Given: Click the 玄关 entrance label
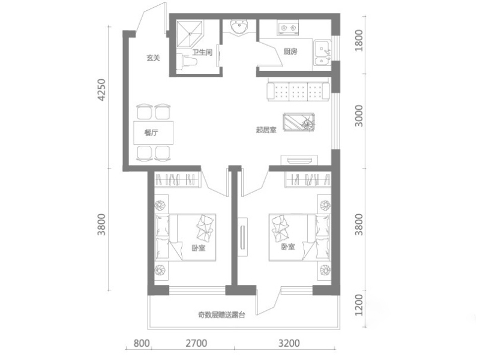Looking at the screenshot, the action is click(x=153, y=58).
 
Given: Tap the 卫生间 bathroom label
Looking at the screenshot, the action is click(x=202, y=52).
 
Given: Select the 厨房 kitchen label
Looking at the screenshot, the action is click(x=290, y=52).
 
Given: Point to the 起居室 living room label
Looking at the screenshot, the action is click(x=266, y=130).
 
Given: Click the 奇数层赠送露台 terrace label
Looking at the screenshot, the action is click(x=221, y=314).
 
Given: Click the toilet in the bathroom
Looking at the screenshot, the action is click(x=187, y=62).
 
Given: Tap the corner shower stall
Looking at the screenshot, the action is click(x=190, y=34).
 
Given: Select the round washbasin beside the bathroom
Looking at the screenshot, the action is click(x=239, y=28).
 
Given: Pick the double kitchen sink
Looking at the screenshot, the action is click(x=323, y=54).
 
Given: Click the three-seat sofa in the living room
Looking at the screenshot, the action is click(x=298, y=89).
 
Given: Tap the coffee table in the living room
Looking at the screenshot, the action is click(x=299, y=122).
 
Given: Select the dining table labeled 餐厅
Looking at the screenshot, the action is click(x=153, y=133).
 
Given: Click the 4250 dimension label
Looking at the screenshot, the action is click(x=101, y=90).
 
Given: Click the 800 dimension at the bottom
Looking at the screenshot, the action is click(x=142, y=343).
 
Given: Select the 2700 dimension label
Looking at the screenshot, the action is click(x=196, y=343).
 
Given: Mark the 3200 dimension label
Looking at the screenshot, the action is click(x=289, y=343).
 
